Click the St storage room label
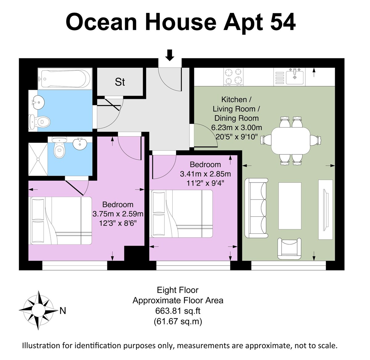click(x=120, y=82)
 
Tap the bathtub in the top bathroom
click(x=65, y=79)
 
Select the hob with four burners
click(x=233, y=77)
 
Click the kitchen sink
click(x=295, y=77)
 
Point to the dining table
click(x=291, y=141)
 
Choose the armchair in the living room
click(x=289, y=249)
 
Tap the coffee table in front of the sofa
click(x=290, y=206)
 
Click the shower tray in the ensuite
click(x=38, y=159)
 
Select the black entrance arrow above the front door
click(x=170, y=55)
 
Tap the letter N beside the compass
click(x=63, y=311)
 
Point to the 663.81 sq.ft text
click(x=178, y=311)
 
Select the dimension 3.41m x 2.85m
click(x=205, y=174)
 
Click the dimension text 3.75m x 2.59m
click(x=118, y=214)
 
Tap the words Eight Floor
click(x=178, y=290)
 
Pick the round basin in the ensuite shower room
click(x=80, y=144)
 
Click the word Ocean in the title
click(x=101, y=22)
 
